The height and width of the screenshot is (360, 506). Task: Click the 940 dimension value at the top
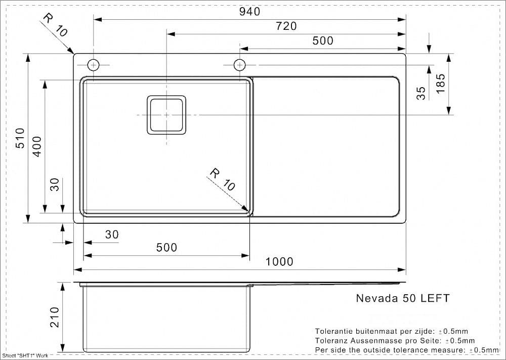[x=249, y=12]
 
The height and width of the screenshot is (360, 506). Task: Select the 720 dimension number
[x=286, y=26]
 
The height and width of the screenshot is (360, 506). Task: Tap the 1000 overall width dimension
[x=279, y=262]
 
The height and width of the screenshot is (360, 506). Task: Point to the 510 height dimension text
[x=20, y=138]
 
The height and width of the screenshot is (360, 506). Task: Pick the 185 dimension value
[x=440, y=84]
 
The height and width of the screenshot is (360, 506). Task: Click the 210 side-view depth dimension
[x=55, y=317]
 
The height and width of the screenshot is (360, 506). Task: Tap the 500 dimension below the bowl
[x=166, y=248]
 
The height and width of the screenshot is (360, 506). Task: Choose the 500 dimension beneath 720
[x=323, y=41]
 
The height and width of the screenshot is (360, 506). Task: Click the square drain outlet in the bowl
[x=166, y=115]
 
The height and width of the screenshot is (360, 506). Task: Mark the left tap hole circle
[x=94, y=65]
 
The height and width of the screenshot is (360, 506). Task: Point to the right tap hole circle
[x=239, y=65]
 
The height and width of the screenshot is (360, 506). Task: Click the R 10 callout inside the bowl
[x=223, y=180]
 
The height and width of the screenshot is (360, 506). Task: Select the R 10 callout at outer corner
[x=55, y=25]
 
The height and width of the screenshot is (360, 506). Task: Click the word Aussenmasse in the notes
[x=373, y=341]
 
